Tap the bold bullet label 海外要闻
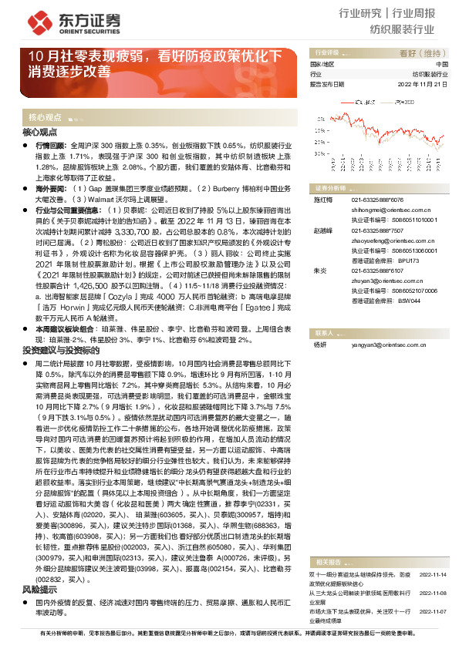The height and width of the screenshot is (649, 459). coord(50,187)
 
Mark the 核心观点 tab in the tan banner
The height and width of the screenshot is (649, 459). coord(46,117)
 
